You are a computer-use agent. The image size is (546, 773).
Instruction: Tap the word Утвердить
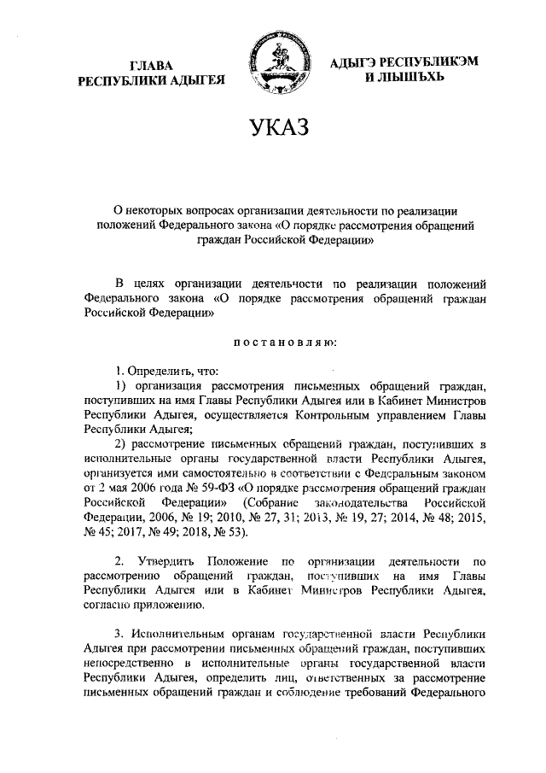[161, 561]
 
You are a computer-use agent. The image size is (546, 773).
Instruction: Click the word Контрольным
[330, 415]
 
